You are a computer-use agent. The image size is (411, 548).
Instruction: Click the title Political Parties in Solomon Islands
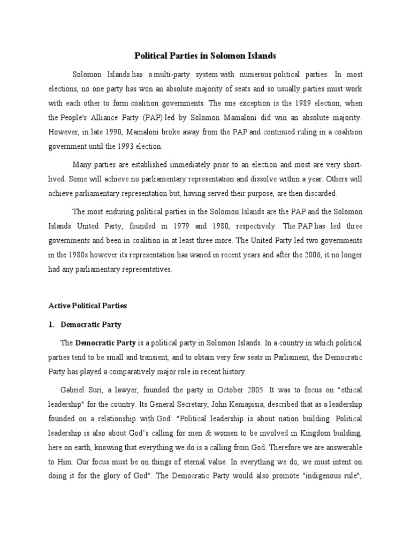tap(205, 55)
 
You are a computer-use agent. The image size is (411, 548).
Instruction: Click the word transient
tap(153, 357)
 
